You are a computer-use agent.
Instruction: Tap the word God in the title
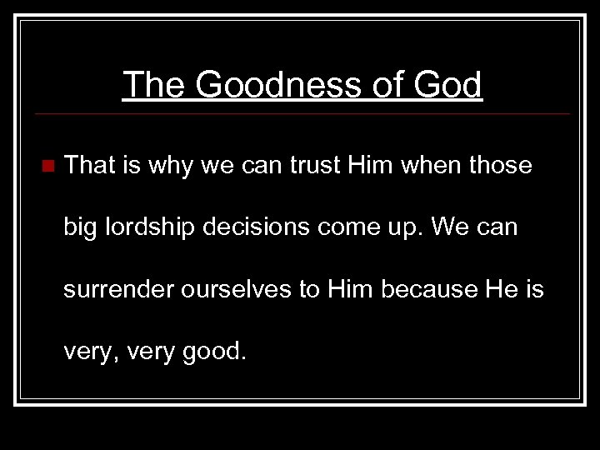tap(447, 85)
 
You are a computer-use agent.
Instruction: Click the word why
tap(170, 166)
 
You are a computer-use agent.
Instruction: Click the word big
tap(81, 227)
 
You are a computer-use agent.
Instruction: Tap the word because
tap(435, 289)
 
